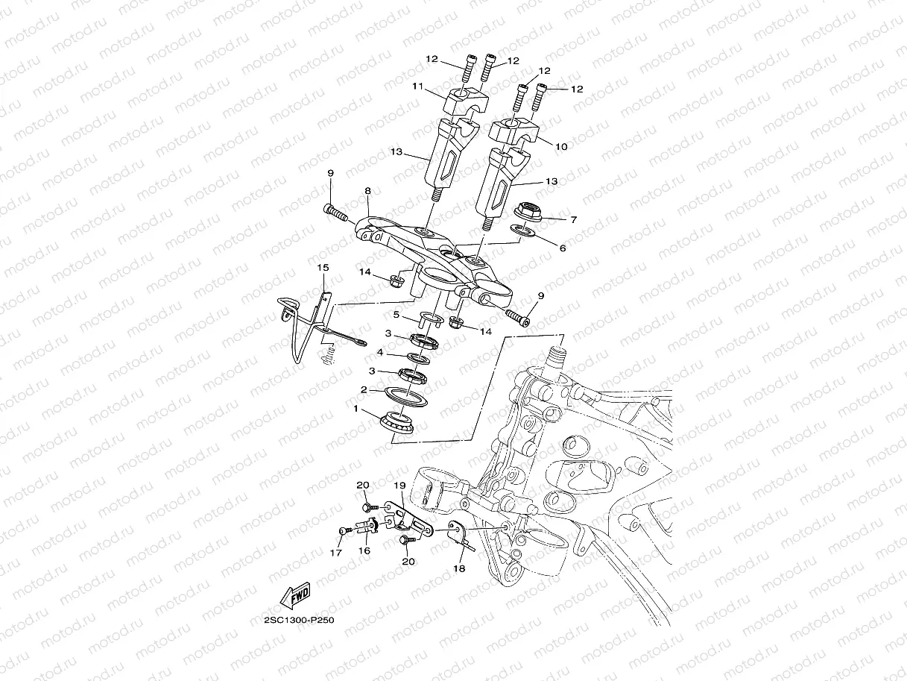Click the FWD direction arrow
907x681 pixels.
pos(295,595)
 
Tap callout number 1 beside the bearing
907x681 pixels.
pos(356,409)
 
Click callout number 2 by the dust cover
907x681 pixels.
pos(364,389)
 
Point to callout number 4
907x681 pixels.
pos(379,352)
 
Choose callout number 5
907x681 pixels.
pos(397,316)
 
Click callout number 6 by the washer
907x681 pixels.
pos(563,248)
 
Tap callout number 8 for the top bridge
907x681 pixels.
pos(367,191)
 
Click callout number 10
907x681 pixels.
pos(562,147)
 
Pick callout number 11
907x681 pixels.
pos(418,87)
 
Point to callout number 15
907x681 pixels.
pos(323,267)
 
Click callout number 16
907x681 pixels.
pos(364,550)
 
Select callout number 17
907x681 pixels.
pos(335,553)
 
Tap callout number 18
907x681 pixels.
pos(458,568)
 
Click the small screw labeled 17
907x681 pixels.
pos(343,530)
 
